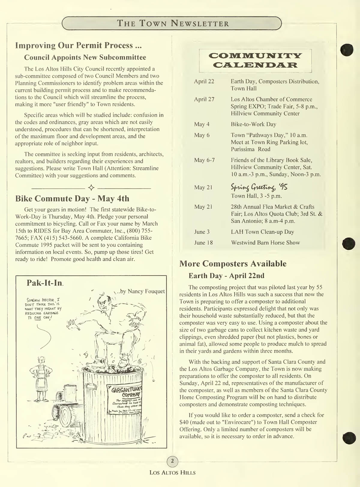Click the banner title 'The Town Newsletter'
click(x=172, y=23)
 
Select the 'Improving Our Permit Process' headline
click(x=78, y=45)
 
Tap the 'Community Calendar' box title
click(x=255, y=60)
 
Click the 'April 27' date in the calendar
click(x=204, y=99)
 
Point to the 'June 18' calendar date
click(x=203, y=243)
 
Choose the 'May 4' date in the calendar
click(x=202, y=124)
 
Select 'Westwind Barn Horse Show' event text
click(x=265, y=243)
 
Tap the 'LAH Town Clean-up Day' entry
click(x=262, y=232)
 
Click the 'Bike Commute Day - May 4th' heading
click(x=72, y=199)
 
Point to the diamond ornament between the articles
click(x=91, y=188)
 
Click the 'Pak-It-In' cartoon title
click(x=45, y=283)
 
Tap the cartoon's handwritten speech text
click(x=43, y=309)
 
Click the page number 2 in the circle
click(x=172, y=461)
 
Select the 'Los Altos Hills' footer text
click(x=172, y=473)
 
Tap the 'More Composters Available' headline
click(x=233, y=264)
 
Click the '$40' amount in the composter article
click(x=184, y=422)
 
